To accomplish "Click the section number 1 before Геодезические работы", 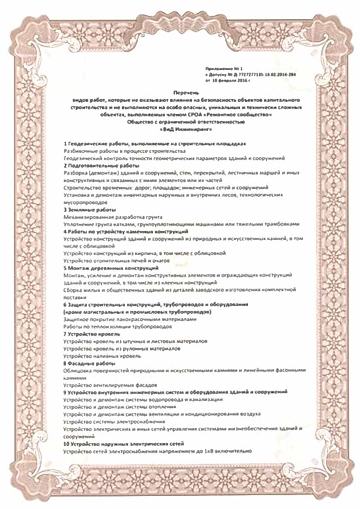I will [x=65, y=143].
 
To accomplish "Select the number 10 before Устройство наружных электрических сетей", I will [x=67, y=445].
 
